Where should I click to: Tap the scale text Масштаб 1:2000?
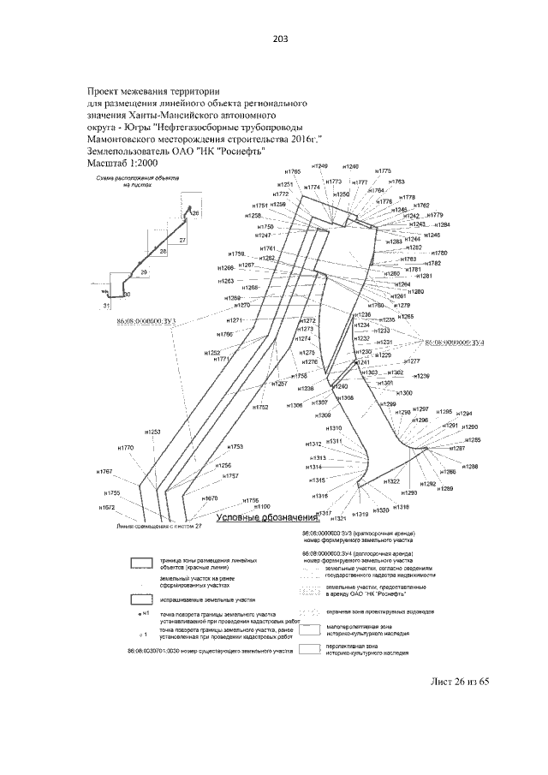[x=123, y=163]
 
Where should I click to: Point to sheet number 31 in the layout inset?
[x=106, y=304]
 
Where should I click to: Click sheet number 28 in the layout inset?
[x=163, y=252]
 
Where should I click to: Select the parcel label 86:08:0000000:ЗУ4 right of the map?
[x=456, y=342]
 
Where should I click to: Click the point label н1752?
[x=260, y=408]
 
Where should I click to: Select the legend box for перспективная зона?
[x=309, y=648]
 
